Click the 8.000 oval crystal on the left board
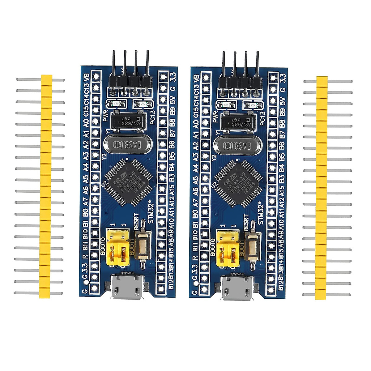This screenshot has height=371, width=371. point(127,144)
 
